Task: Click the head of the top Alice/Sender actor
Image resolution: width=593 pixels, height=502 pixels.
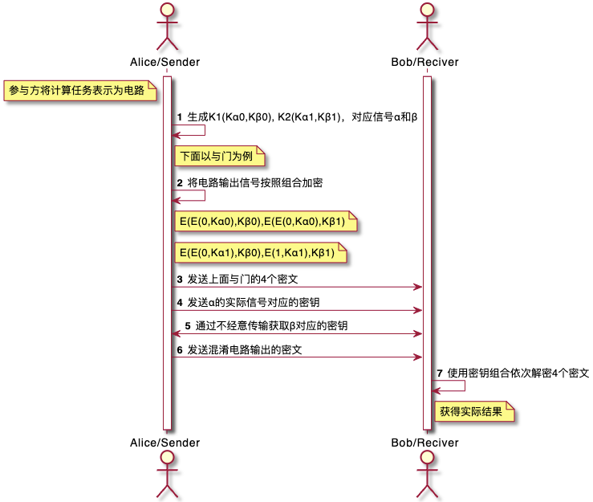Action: coord(167,10)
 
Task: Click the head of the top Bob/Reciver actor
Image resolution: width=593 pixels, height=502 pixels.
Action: coord(427,10)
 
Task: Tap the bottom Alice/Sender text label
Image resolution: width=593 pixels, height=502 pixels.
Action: coord(164,443)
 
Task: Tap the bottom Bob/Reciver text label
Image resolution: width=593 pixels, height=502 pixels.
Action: coord(424,443)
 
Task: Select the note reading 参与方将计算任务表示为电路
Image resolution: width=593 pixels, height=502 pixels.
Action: coord(79,91)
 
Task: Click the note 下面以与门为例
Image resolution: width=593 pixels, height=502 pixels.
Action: coord(219,156)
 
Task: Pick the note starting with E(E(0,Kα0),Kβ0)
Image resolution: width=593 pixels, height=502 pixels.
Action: coord(266,222)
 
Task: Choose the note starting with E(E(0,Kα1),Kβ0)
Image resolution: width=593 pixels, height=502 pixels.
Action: coord(261,252)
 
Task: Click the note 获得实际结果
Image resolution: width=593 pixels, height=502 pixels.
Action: coord(474,411)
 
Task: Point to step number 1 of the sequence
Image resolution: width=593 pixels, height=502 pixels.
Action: coord(180,117)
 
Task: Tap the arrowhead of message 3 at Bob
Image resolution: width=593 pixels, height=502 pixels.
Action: coord(418,287)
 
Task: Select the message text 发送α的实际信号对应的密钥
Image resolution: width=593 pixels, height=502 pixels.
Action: coord(254,303)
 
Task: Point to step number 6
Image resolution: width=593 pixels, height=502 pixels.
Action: coord(180,350)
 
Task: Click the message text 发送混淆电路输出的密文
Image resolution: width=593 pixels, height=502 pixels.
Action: coord(245,349)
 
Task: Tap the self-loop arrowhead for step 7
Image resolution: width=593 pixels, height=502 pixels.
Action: coord(436,390)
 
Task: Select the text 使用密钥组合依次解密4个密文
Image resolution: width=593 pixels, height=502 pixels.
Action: coord(518,373)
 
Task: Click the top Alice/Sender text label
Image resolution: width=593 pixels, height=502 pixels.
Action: coord(164,62)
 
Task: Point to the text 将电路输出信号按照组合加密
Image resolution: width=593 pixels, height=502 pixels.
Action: coord(255,183)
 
